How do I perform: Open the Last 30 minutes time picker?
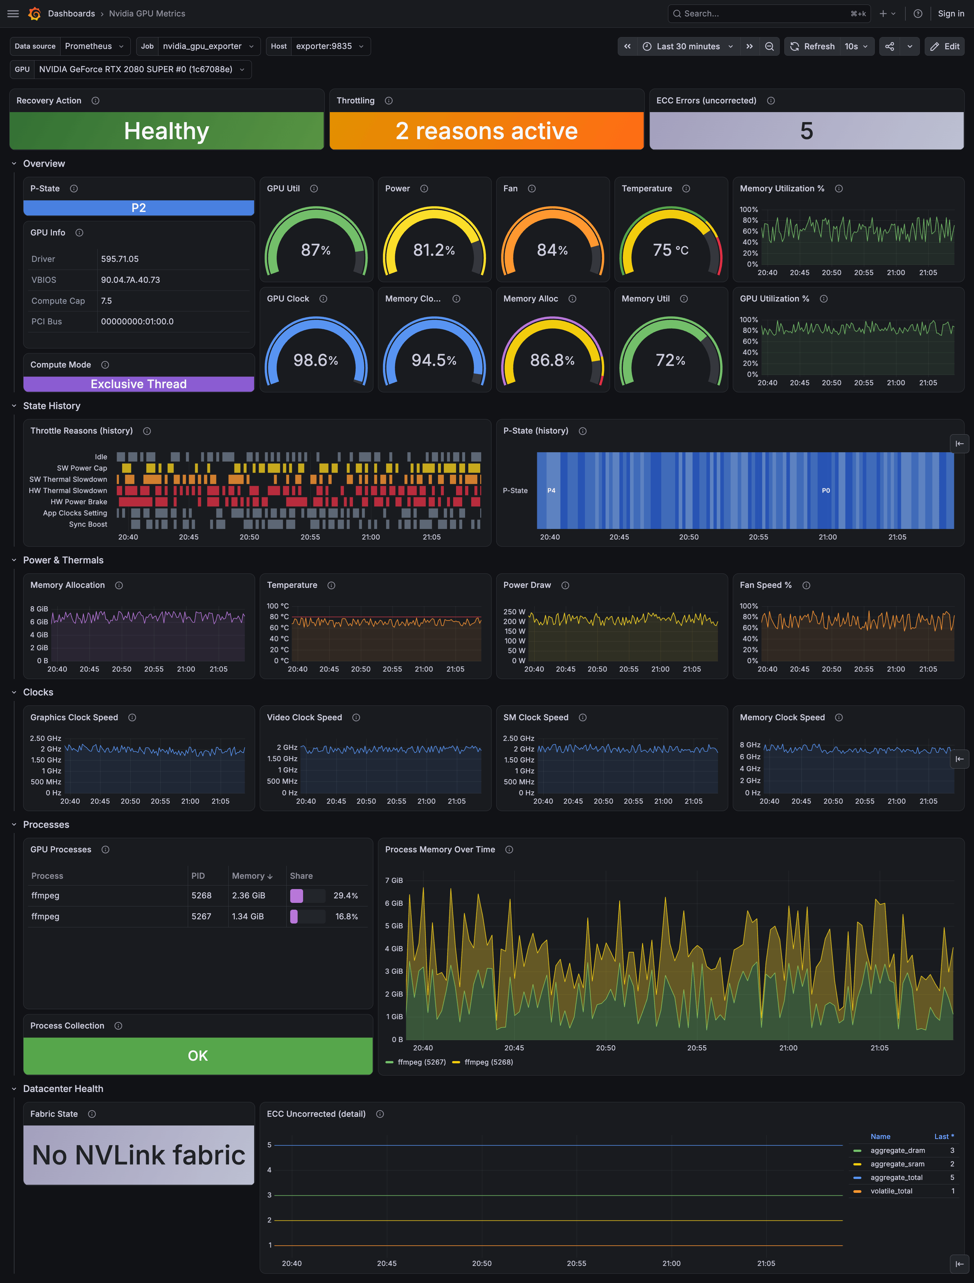pos(688,46)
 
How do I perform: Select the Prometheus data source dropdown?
pos(94,46)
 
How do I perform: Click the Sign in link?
pos(951,13)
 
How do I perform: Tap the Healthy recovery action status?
pos(167,131)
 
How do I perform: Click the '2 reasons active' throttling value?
pos(487,131)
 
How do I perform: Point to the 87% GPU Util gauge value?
pos(316,250)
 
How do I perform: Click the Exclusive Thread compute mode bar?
pos(138,384)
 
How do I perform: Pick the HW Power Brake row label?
pos(79,502)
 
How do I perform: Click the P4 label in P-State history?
pos(551,491)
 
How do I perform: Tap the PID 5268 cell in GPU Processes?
pos(201,895)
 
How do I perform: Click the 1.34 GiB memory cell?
pos(248,916)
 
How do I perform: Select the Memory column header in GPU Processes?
pos(248,876)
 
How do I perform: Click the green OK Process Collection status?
pos(198,1056)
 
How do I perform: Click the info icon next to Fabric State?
pos(92,1114)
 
